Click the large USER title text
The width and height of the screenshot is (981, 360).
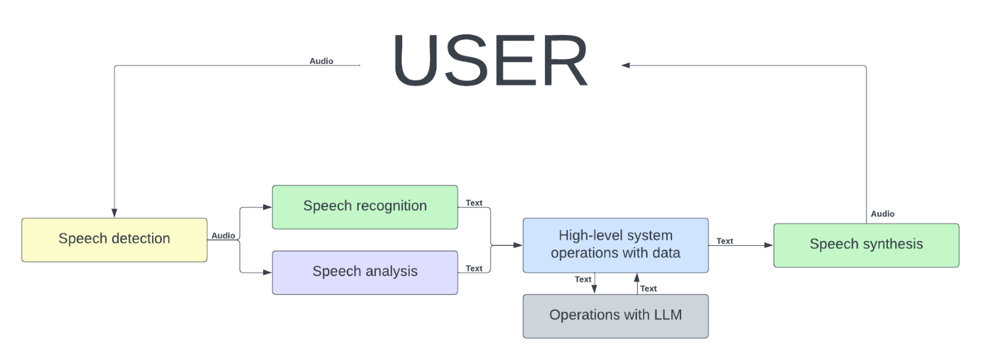(x=490, y=61)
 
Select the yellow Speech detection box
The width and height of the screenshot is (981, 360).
(x=114, y=240)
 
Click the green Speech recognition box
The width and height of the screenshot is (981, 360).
(x=365, y=207)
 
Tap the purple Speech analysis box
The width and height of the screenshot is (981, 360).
(x=365, y=272)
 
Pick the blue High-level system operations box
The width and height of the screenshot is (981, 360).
(x=615, y=245)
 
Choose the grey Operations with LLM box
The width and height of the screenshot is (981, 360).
(x=615, y=316)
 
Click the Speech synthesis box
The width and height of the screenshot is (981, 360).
(x=866, y=245)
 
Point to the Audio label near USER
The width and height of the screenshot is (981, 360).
(x=321, y=61)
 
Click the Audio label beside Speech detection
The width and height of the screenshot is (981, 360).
(x=223, y=236)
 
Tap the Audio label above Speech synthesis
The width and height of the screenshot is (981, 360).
(x=882, y=213)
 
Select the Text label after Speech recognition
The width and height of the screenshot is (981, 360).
(x=474, y=202)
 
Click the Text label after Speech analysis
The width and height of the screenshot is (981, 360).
(x=474, y=268)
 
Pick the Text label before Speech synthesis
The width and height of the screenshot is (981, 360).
(x=724, y=241)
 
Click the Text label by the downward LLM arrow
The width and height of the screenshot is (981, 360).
(x=582, y=279)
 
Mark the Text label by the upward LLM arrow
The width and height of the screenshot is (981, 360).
(x=648, y=288)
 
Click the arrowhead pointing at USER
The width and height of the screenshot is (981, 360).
(x=625, y=65)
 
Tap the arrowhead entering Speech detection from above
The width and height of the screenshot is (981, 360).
(x=114, y=213)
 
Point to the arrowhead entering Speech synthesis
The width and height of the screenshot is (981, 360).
(x=768, y=245)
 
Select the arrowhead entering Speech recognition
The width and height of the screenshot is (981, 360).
(x=267, y=207)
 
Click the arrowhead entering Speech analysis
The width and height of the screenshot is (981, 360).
(x=267, y=272)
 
